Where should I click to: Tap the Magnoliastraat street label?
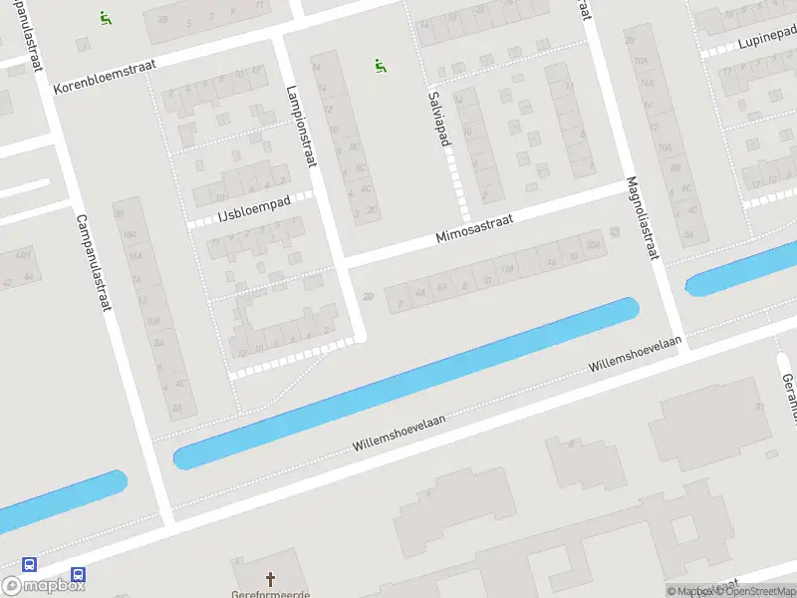coord(642,218)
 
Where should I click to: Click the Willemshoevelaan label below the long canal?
coord(398,435)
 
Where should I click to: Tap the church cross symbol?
coord(270,578)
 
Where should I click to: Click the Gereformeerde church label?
coord(270,594)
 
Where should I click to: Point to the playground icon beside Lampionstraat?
coord(381,66)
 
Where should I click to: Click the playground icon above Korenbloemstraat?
coord(105,17)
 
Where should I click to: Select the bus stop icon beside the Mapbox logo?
coord(78,575)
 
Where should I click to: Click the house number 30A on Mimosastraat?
coord(593,245)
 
